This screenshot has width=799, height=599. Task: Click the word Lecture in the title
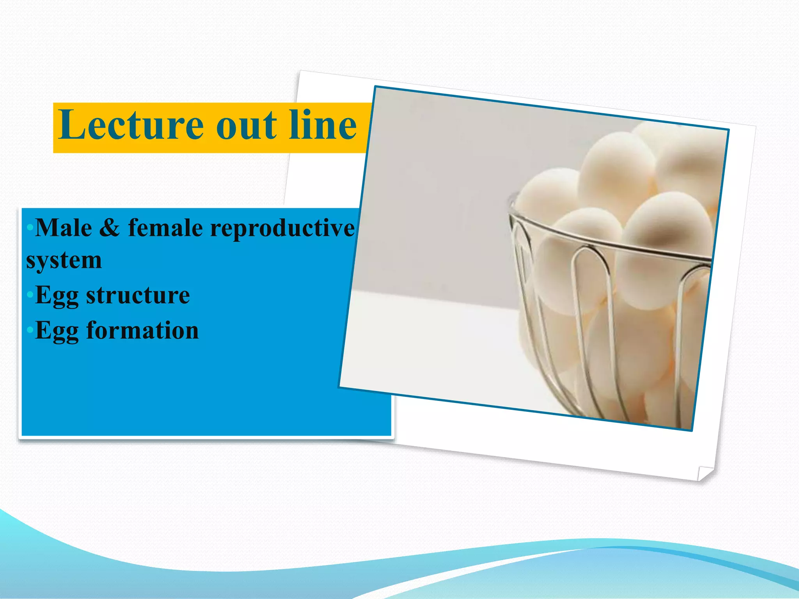[x=131, y=125]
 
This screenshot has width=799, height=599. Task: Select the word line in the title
[x=323, y=125]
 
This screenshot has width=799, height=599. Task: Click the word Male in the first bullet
[x=64, y=228]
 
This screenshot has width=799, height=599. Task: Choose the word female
[x=165, y=228]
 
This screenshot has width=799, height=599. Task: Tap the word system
[x=64, y=261]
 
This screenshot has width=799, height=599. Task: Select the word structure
[x=138, y=295]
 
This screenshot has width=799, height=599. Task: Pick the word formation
[x=142, y=331]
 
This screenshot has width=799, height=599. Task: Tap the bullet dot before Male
[x=30, y=228]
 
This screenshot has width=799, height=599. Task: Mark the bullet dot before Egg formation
[x=30, y=331]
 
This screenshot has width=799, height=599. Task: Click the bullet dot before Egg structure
[x=30, y=295]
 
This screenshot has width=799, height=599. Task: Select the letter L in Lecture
[x=71, y=124]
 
